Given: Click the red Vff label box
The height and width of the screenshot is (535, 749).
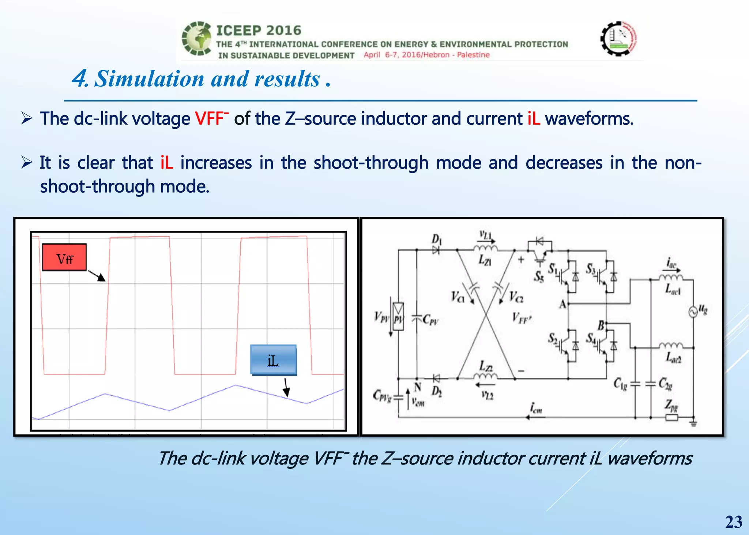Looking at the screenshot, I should pos(64,257).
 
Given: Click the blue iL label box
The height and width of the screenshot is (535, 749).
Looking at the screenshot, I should pos(273,360).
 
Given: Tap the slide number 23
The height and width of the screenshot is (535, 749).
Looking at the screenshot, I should pos(734,522).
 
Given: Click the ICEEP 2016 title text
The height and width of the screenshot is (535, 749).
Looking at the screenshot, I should pos(259,30).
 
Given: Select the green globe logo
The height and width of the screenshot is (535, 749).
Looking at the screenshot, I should pos(197,38).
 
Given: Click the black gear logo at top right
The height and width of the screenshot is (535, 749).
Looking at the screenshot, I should pos(619,38).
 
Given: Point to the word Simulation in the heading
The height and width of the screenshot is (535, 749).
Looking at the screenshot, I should pos(149,79).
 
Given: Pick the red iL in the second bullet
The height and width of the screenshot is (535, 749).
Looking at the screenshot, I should pos(167,162).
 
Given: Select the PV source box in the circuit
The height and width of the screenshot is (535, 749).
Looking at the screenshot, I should pos(398,317).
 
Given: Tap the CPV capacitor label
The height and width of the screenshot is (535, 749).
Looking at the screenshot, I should pos(430,320).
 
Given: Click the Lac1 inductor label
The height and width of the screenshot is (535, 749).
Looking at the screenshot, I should pos(673,289).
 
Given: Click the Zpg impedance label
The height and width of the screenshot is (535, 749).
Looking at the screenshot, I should pos(671,405).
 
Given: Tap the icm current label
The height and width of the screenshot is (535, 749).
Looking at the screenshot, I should pos(536,408).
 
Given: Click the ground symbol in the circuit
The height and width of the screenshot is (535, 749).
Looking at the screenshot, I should pos(693,423).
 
